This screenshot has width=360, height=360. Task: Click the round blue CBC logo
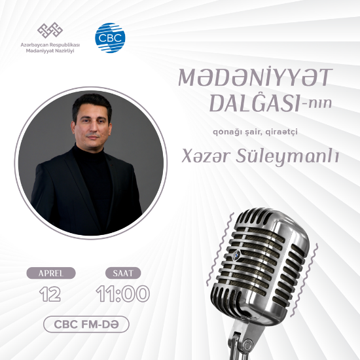109,37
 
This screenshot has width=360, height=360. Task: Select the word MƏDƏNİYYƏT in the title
254,78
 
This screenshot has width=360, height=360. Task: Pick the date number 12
50,294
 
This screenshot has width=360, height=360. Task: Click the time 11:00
123,294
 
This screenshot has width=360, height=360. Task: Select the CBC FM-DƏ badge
86,323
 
